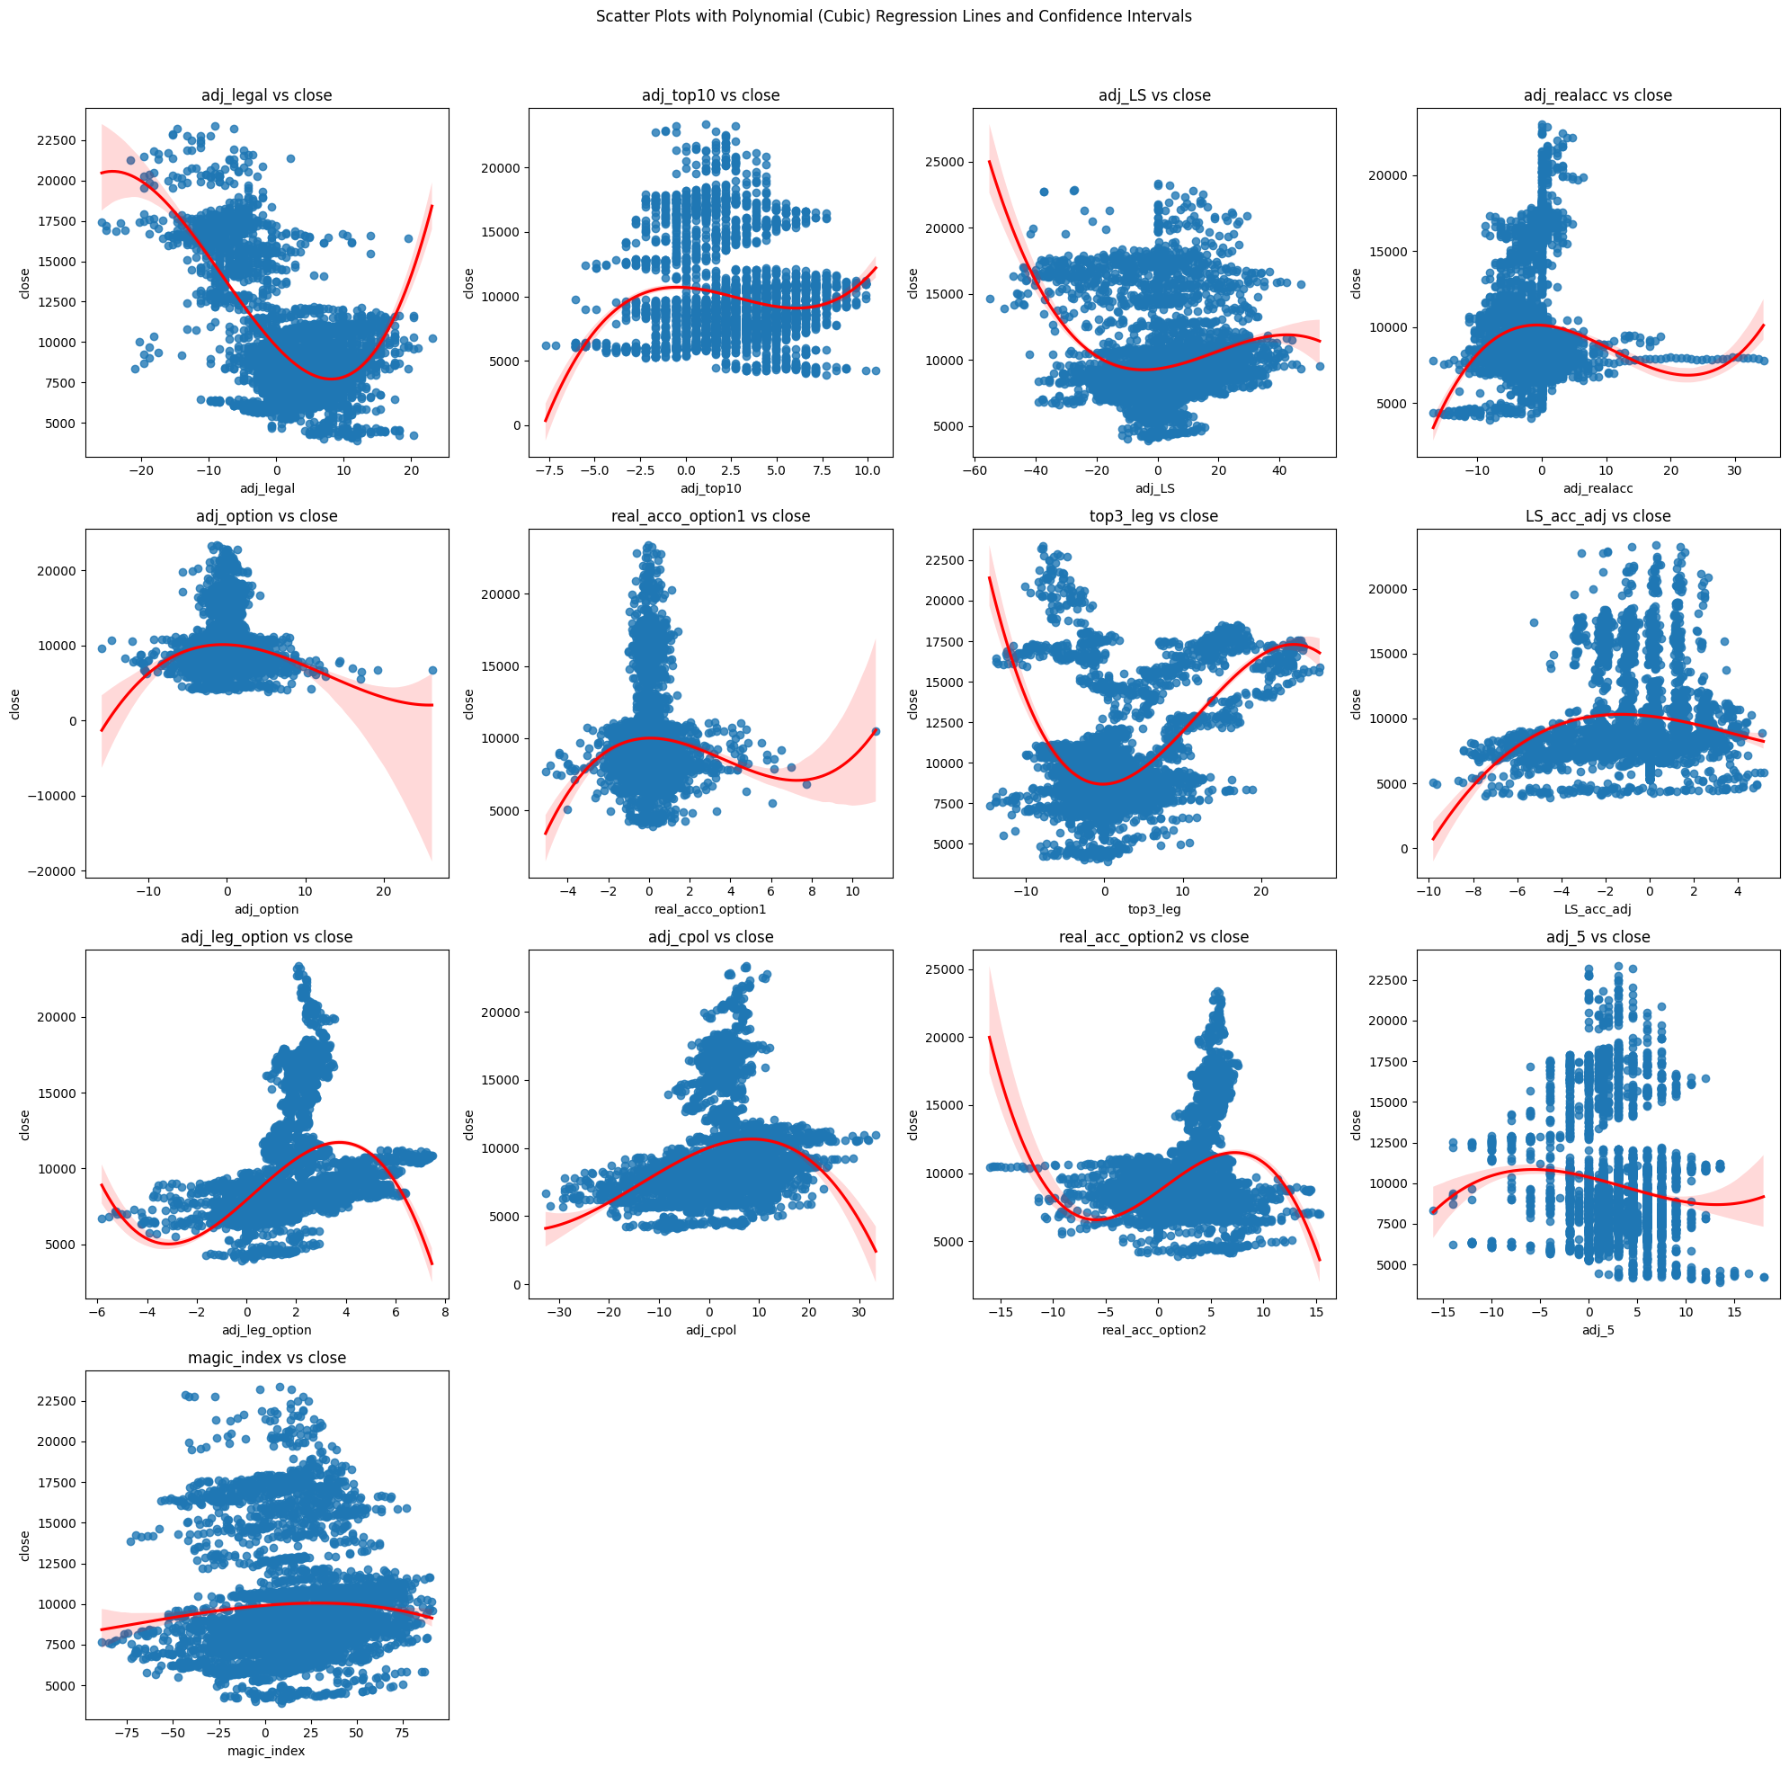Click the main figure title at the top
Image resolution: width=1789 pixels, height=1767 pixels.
tap(894, 17)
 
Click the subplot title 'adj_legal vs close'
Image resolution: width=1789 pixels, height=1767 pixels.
tap(267, 95)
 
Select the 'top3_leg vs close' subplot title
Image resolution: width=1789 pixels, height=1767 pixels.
tap(1153, 516)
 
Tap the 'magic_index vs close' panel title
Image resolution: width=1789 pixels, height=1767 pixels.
tap(267, 1358)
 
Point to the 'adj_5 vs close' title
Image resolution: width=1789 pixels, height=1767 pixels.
tap(1598, 937)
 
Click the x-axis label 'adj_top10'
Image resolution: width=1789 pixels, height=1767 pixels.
tap(710, 489)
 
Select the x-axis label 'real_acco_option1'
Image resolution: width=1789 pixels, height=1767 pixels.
tap(710, 909)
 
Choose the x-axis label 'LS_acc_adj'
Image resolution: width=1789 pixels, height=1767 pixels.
tap(1598, 909)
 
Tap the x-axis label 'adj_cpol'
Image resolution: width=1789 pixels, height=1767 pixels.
tap(710, 1330)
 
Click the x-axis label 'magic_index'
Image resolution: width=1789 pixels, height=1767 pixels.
tap(267, 1750)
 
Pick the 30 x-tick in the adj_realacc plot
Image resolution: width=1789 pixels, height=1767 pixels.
tap(1734, 470)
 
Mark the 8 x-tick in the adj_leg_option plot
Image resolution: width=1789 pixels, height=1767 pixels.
tap(445, 1311)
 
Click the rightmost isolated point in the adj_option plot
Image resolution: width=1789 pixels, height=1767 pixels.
tap(432, 671)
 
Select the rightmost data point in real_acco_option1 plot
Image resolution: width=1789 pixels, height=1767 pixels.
tap(876, 732)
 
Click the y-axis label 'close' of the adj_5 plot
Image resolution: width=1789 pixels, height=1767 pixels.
tap(1356, 1125)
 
